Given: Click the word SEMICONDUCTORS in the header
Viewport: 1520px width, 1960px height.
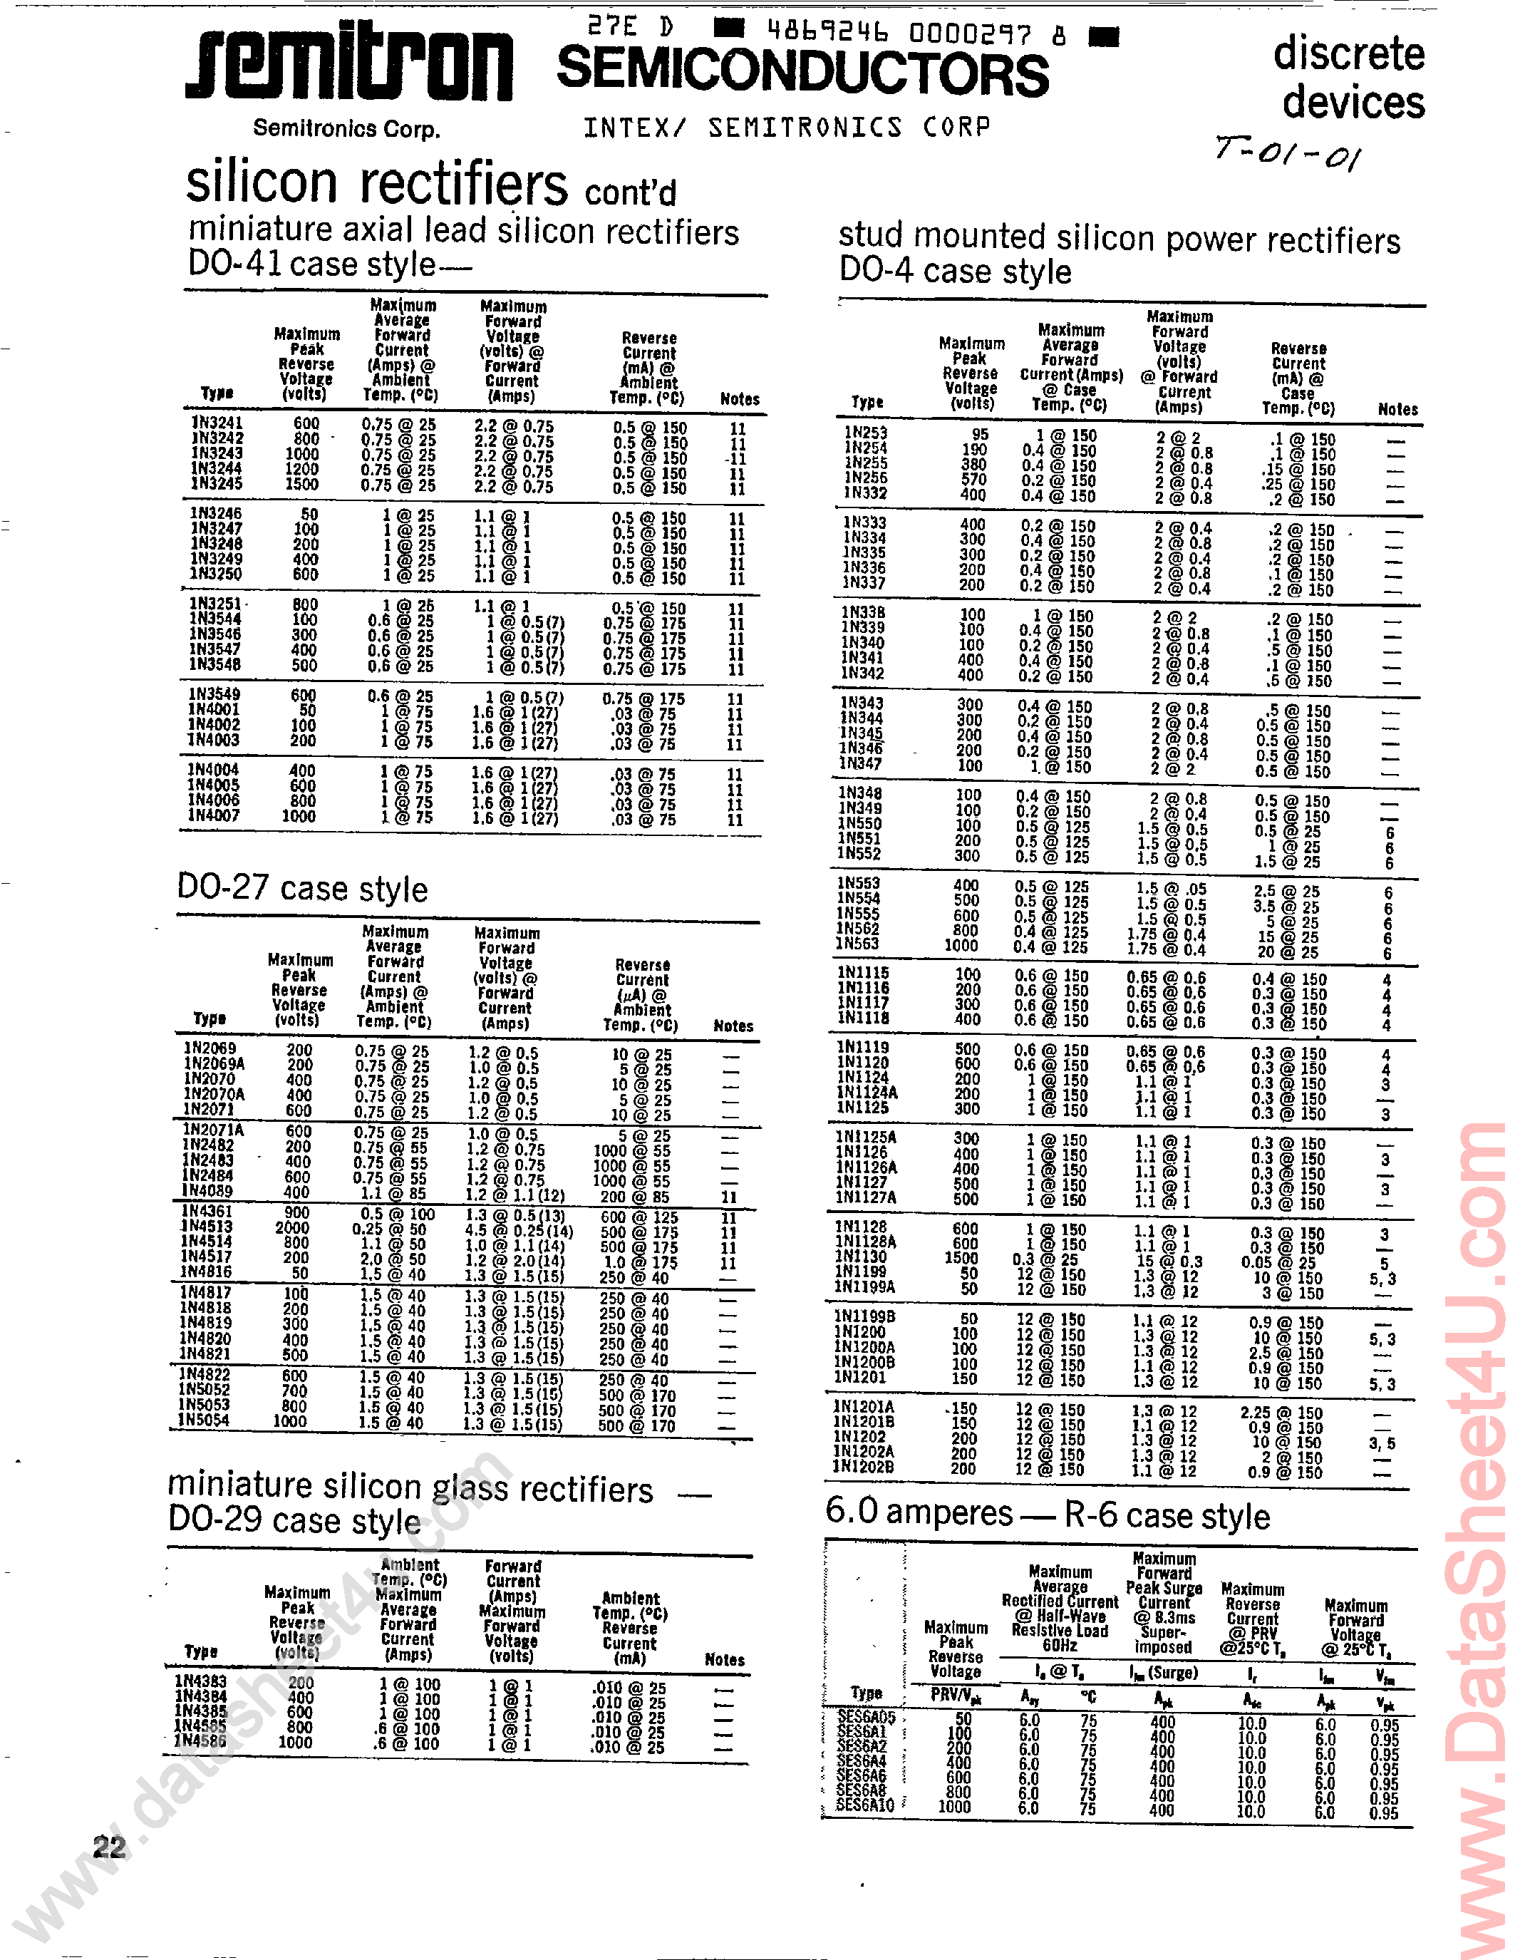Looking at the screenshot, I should [802, 73].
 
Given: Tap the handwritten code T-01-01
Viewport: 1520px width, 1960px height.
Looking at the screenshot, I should [1288, 153].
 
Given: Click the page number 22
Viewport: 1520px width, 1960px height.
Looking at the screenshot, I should [110, 1847].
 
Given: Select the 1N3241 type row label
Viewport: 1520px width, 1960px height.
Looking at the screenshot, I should [217, 423].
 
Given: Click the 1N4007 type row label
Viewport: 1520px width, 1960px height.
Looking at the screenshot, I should [214, 816].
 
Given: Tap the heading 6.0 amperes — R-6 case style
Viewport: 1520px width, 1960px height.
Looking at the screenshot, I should [1047, 1514].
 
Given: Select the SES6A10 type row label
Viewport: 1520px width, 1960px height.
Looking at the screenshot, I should [865, 1804].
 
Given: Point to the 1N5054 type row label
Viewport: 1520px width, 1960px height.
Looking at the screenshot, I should [204, 1420].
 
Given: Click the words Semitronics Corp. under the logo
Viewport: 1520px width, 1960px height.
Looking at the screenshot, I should [346, 128].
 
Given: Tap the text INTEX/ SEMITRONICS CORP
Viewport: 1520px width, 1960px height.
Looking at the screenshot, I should [787, 128].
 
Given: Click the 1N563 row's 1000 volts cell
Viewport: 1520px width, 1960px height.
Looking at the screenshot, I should [961, 944].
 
